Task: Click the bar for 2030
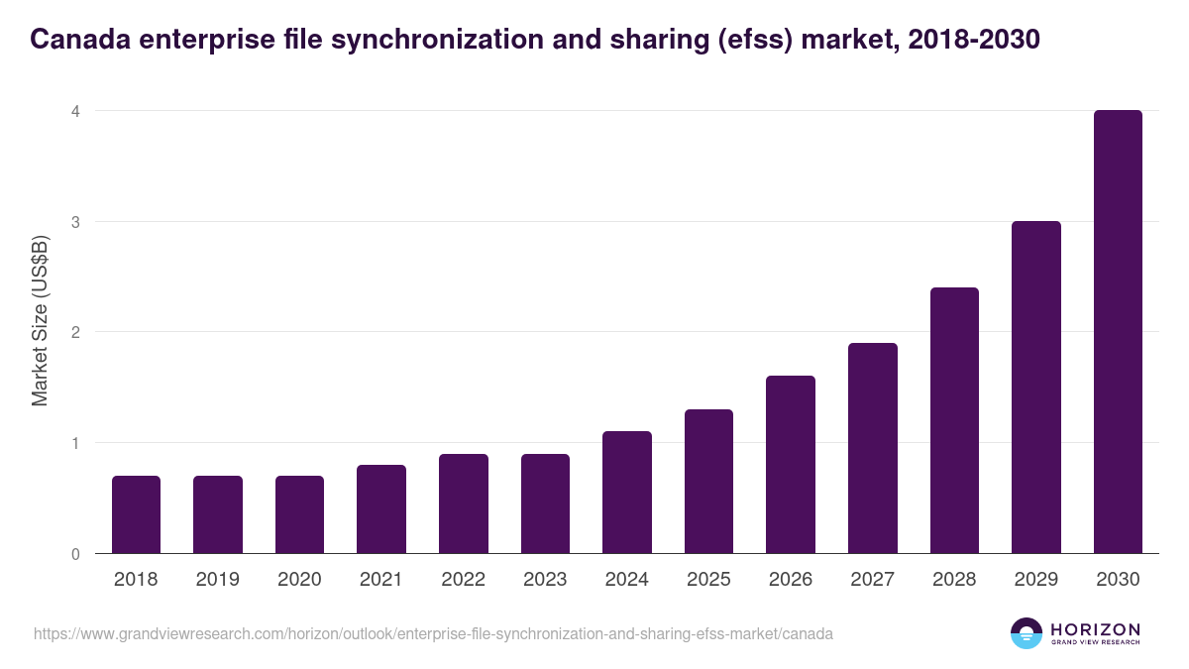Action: [x=1118, y=332]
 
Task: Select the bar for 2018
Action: [x=136, y=514]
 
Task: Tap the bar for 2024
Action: [x=627, y=493]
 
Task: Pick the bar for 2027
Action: [x=873, y=448]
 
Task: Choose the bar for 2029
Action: [x=1036, y=388]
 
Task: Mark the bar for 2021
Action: [x=381, y=509]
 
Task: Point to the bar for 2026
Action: [x=791, y=465]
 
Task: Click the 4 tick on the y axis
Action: [x=74, y=111]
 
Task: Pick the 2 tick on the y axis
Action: [x=74, y=332]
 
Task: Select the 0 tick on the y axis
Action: [x=74, y=554]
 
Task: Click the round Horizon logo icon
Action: [x=1026, y=633]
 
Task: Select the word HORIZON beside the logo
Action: [x=1095, y=628]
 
